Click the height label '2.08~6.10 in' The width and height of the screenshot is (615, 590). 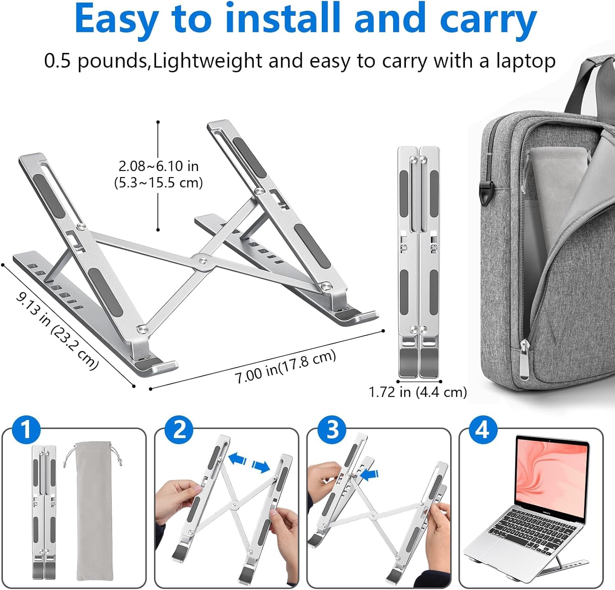point(158,166)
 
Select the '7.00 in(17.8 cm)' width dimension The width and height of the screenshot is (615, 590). point(285,366)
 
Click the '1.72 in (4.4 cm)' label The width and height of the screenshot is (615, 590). point(418,392)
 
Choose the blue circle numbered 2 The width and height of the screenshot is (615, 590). point(179,430)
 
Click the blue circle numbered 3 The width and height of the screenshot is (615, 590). point(332,430)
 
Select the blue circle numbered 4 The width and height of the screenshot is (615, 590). point(482,430)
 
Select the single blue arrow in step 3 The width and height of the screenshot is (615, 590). point(370,475)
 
